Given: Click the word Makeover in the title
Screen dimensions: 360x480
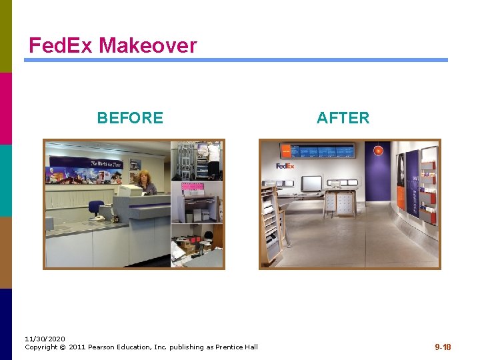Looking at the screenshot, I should [x=148, y=45].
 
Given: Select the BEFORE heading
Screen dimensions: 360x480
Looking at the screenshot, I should [x=130, y=118].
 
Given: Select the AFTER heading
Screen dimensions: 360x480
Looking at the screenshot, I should [x=343, y=118].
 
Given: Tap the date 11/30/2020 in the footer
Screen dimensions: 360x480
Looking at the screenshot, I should [x=45, y=339].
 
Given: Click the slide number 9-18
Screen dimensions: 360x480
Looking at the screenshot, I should [x=443, y=347].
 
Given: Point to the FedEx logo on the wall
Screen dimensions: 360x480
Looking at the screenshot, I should [x=285, y=166].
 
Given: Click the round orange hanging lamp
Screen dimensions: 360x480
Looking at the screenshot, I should [x=378, y=151].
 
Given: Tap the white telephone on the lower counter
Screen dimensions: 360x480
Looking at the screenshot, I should [x=97, y=217].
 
